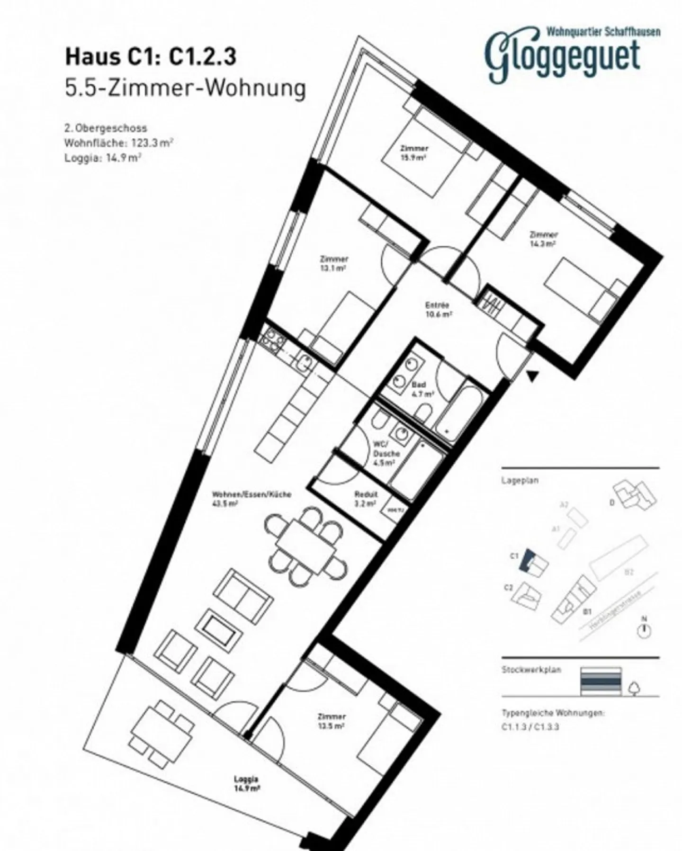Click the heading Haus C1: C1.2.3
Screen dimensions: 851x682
click(x=150, y=57)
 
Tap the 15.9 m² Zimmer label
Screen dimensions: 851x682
click(x=414, y=153)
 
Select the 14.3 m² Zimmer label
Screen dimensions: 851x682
click(x=543, y=239)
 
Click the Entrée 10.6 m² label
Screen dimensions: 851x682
click(x=437, y=309)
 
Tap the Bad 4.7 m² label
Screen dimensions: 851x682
click(x=422, y=389)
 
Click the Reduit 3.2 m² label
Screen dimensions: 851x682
click(x=366, y=498)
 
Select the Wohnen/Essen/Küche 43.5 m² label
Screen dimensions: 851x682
click(x=251, y=498)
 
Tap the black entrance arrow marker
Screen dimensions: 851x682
click(x=533, y=376)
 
